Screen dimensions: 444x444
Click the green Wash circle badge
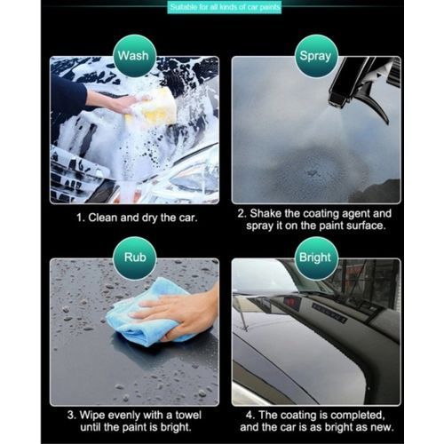click(x=135, y=56)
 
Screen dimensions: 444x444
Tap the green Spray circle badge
click(x=316, y=56)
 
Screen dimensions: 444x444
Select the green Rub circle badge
click(x=135, y=258)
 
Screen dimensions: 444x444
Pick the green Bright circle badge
click(x=316, y=258)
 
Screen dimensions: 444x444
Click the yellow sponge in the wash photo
click(x=153, y=107)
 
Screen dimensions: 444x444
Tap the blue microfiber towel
click(x=148, y=313)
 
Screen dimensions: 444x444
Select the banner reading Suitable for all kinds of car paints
click(x=225, y=7)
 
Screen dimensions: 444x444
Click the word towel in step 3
click(x=188, y=415)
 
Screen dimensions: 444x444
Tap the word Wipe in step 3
click(x=91, y=416)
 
